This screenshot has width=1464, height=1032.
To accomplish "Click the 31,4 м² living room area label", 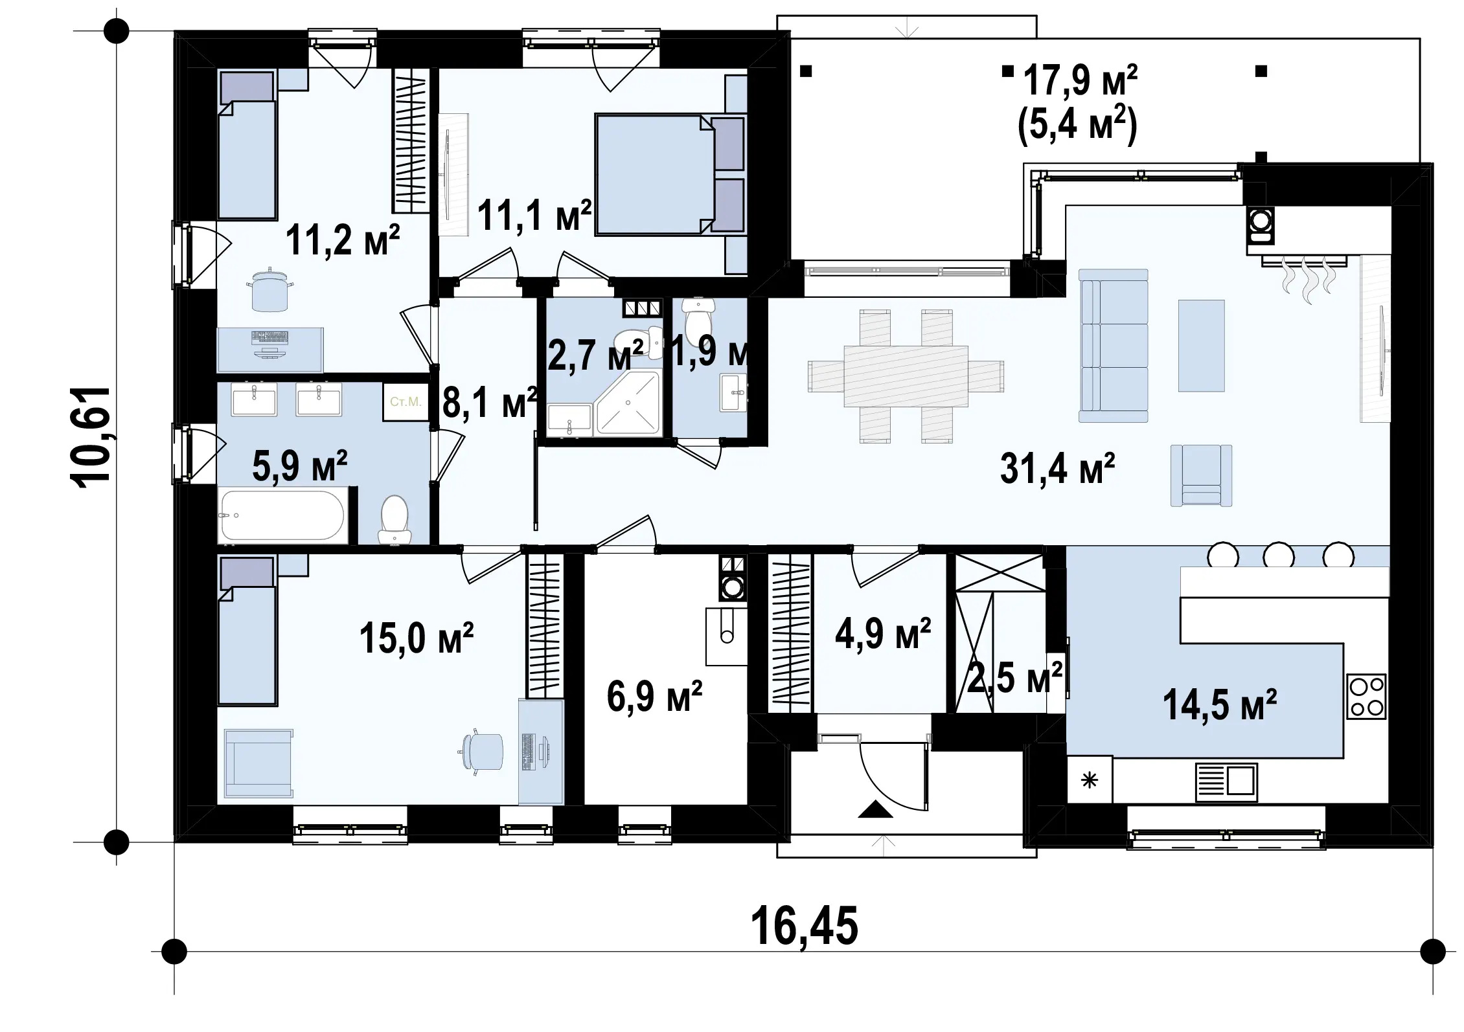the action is [x=1057, y=469].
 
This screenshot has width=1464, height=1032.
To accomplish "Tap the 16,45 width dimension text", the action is [x=805, y=926].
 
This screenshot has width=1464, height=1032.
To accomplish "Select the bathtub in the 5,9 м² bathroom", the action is [x=282, y=516].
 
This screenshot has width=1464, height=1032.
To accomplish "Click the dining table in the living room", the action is [x=906, y=376].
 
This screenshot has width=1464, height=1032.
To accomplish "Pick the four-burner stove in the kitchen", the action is [x=1366, y=697].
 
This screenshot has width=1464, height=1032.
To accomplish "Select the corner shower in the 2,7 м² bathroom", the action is [x=628, y=402].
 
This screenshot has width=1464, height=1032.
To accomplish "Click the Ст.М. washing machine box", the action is [x=406, y=402].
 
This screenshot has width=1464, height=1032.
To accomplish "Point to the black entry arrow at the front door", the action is [x=875, y=809].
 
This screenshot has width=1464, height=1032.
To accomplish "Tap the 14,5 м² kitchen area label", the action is [x=1220, y=704].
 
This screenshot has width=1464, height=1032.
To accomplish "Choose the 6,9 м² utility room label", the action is [x=654, y=696].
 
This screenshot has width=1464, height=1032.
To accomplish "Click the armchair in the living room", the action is [x=1201, y=475].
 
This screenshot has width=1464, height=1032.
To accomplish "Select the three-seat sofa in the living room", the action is [x=1113, y=346].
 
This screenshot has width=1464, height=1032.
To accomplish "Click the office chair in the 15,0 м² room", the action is [x=483, y=751].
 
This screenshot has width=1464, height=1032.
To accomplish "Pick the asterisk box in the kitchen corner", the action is [x=1090, y=780].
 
